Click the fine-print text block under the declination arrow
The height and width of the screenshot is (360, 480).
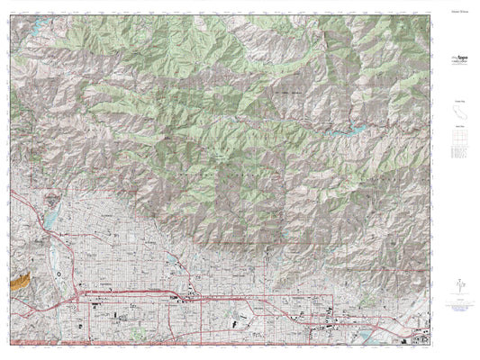pyautogui.click(x=455, y=309)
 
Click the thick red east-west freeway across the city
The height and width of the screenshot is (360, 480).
pyautogui.click(x=225, y=298)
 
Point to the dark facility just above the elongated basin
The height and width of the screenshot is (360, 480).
pyautogui.click(x=50, y=200)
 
